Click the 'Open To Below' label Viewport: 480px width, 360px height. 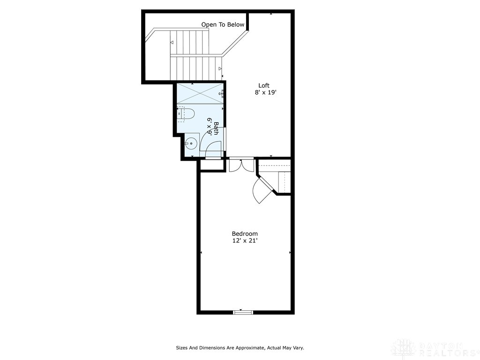click(223, 24)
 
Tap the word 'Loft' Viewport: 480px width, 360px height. click(264, 85)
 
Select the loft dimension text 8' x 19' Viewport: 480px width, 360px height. click(265, 93)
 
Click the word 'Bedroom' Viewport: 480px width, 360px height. click(245, 233)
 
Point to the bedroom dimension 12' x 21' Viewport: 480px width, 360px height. click(245, 241)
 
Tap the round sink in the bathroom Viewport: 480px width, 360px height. click(190, 143)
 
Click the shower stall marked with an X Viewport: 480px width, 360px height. click(199, 93)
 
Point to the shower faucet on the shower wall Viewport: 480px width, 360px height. click(221, 94)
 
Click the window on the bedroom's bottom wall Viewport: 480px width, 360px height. click(242, 312)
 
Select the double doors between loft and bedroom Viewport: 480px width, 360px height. click(241, 165)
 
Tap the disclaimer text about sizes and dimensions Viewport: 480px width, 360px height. click(240, 348)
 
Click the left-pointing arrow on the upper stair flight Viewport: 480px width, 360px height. click(172, 43)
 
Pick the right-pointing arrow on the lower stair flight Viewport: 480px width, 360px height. click(220, 69)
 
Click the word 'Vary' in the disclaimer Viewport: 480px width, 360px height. click(298, 348)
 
